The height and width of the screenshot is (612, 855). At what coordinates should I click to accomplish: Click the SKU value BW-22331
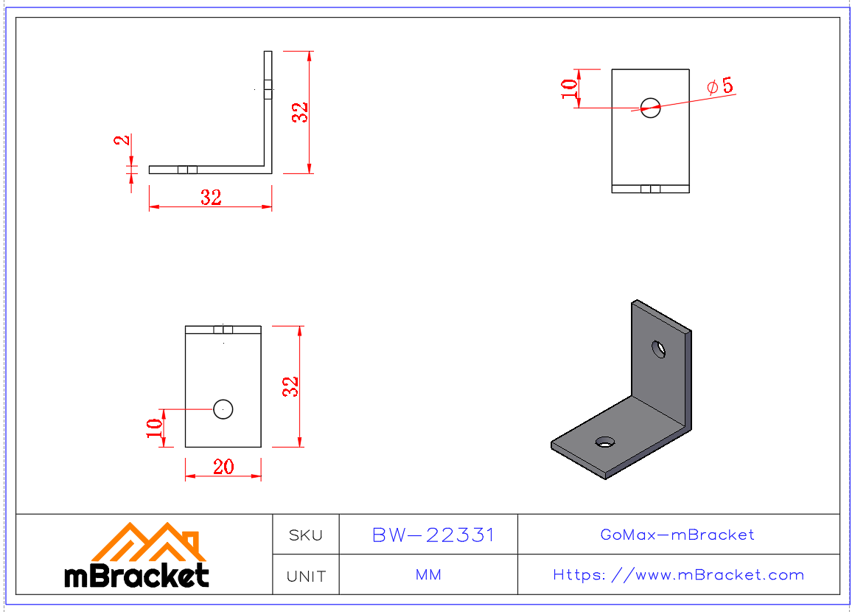click(433, 535)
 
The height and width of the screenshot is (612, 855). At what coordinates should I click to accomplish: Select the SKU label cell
click(306, 535)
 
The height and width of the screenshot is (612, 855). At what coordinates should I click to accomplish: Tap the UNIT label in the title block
click(306, 576)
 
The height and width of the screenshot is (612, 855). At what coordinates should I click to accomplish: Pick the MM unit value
click(428, 574)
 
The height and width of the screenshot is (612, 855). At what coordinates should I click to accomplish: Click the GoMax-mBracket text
click(677, 535)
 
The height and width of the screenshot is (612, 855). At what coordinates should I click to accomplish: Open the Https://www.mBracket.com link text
click(678, 574)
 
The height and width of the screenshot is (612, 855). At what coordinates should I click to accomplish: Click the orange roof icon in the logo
click(147, 542)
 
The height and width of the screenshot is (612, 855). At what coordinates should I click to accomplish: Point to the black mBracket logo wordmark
click(137, 576)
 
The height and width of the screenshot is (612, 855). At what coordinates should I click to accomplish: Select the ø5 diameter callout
click(720, 86)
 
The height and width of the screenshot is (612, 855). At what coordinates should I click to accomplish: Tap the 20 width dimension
click(223, 467)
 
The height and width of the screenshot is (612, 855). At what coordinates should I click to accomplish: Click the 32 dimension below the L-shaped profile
click(211, 198)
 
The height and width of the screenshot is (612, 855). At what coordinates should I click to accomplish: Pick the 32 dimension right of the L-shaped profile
click(299, 112)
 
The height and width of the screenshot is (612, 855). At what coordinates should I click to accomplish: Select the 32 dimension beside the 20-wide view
click(291, 386)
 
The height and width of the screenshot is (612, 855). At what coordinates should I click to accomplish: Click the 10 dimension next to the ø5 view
click(569, 88)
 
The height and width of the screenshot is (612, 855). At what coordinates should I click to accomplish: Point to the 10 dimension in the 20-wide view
click(154, 428)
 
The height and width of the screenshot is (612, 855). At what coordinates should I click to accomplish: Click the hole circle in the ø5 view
click(650, 107)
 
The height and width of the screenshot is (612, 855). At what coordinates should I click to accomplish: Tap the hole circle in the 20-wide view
click(223, 408)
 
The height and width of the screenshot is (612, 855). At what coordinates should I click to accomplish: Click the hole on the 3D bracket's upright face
click(658, 348)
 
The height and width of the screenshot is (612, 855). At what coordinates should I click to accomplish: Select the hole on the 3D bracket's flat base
click(605, 442)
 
